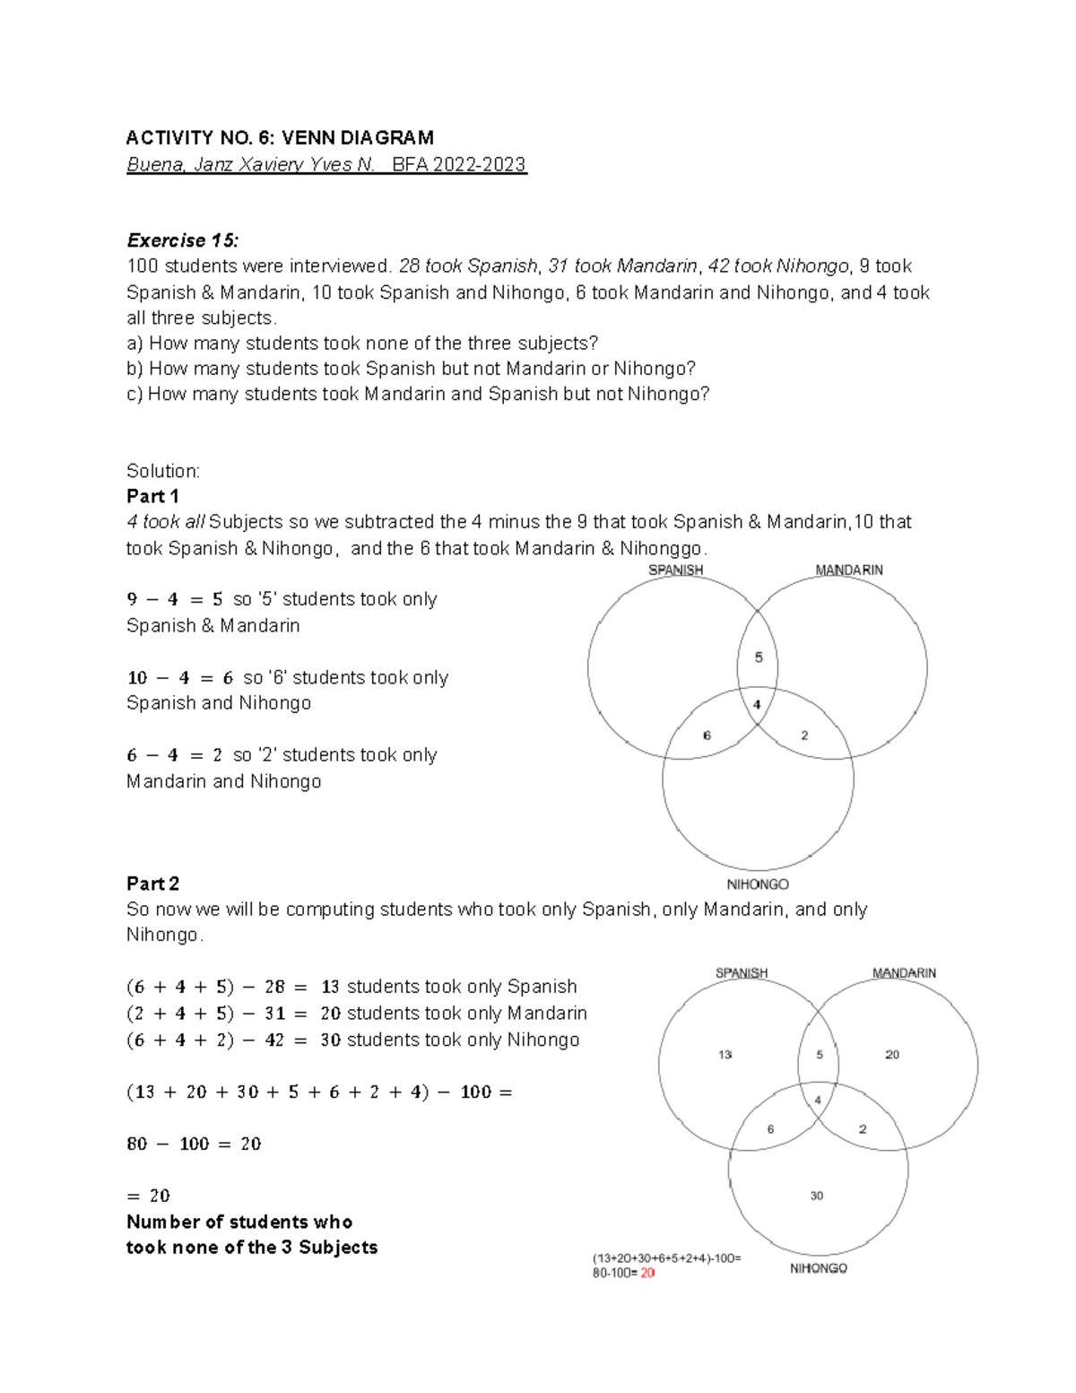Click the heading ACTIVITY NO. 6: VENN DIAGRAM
(x=280, y=138)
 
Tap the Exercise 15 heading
(x=183, y=240)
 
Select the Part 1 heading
(x=152, y=496)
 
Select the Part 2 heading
(x=152, y=884)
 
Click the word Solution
(x=163, y=471)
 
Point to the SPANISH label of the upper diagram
(x=675, y=570)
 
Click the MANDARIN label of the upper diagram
(x=848, y=570)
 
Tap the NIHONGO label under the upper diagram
(x=757, y=884)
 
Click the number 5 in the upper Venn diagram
(x=759, y=657)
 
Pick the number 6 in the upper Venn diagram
(x=707, y=736)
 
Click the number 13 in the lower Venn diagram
(x=725, y=1055)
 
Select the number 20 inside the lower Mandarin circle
(x=892, y=1055)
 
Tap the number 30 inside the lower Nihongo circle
(x=816, y=1196)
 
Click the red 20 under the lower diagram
(x=647, y=1273)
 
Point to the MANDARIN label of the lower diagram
(x=904, y=973)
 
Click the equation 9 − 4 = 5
(x=175, y=600)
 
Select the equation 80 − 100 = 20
(x=194, y=1144)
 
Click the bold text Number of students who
(x=239, y=1222)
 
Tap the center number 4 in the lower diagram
(x=818, y=1101)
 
